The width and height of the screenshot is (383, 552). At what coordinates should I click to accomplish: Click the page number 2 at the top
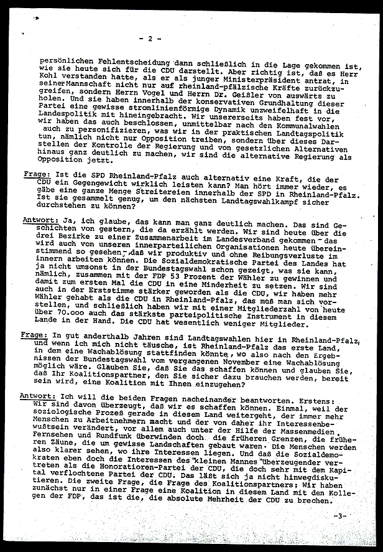150,39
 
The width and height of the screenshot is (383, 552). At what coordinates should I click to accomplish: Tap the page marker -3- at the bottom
340,516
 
